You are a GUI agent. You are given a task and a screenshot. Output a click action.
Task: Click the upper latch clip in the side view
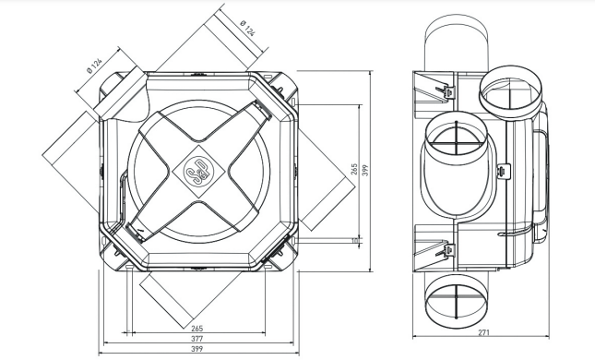point(445,91)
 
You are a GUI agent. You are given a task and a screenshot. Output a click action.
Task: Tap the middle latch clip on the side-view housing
point(502,172)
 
